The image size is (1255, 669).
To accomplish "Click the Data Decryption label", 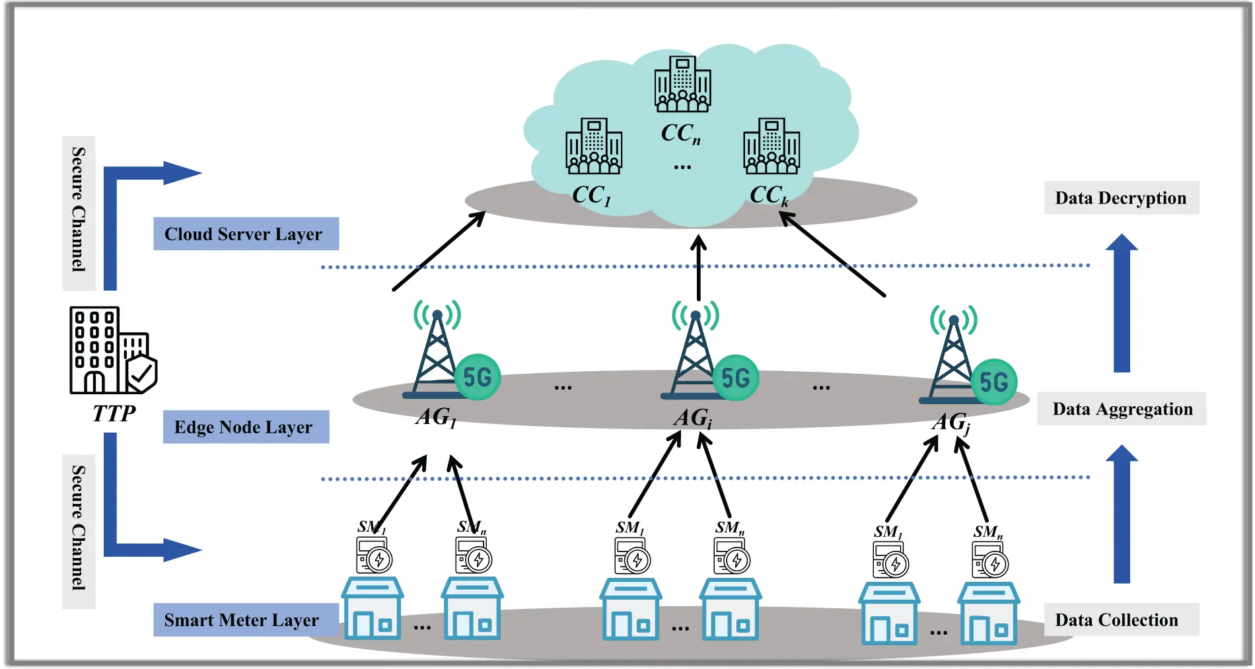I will tap(1121, 197).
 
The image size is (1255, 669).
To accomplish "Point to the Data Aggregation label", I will tap(1122, 409).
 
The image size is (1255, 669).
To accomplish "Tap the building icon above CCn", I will tap(682, 84).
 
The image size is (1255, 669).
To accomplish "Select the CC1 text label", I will tap(591, 195).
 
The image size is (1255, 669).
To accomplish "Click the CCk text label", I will tap(769, 195).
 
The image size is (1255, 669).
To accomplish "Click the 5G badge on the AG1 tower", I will tap(478, 377).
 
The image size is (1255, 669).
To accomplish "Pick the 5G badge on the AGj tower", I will tap(993, 382).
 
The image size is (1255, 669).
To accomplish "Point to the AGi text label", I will tap(693, 418).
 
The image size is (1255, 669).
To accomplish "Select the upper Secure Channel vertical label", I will tap(79, 211).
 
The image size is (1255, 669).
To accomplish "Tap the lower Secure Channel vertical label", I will tap(79, 528).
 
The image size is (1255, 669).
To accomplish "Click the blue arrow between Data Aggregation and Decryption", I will tap(1122, 304).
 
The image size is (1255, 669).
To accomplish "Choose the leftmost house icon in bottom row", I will tap(372, 608).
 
